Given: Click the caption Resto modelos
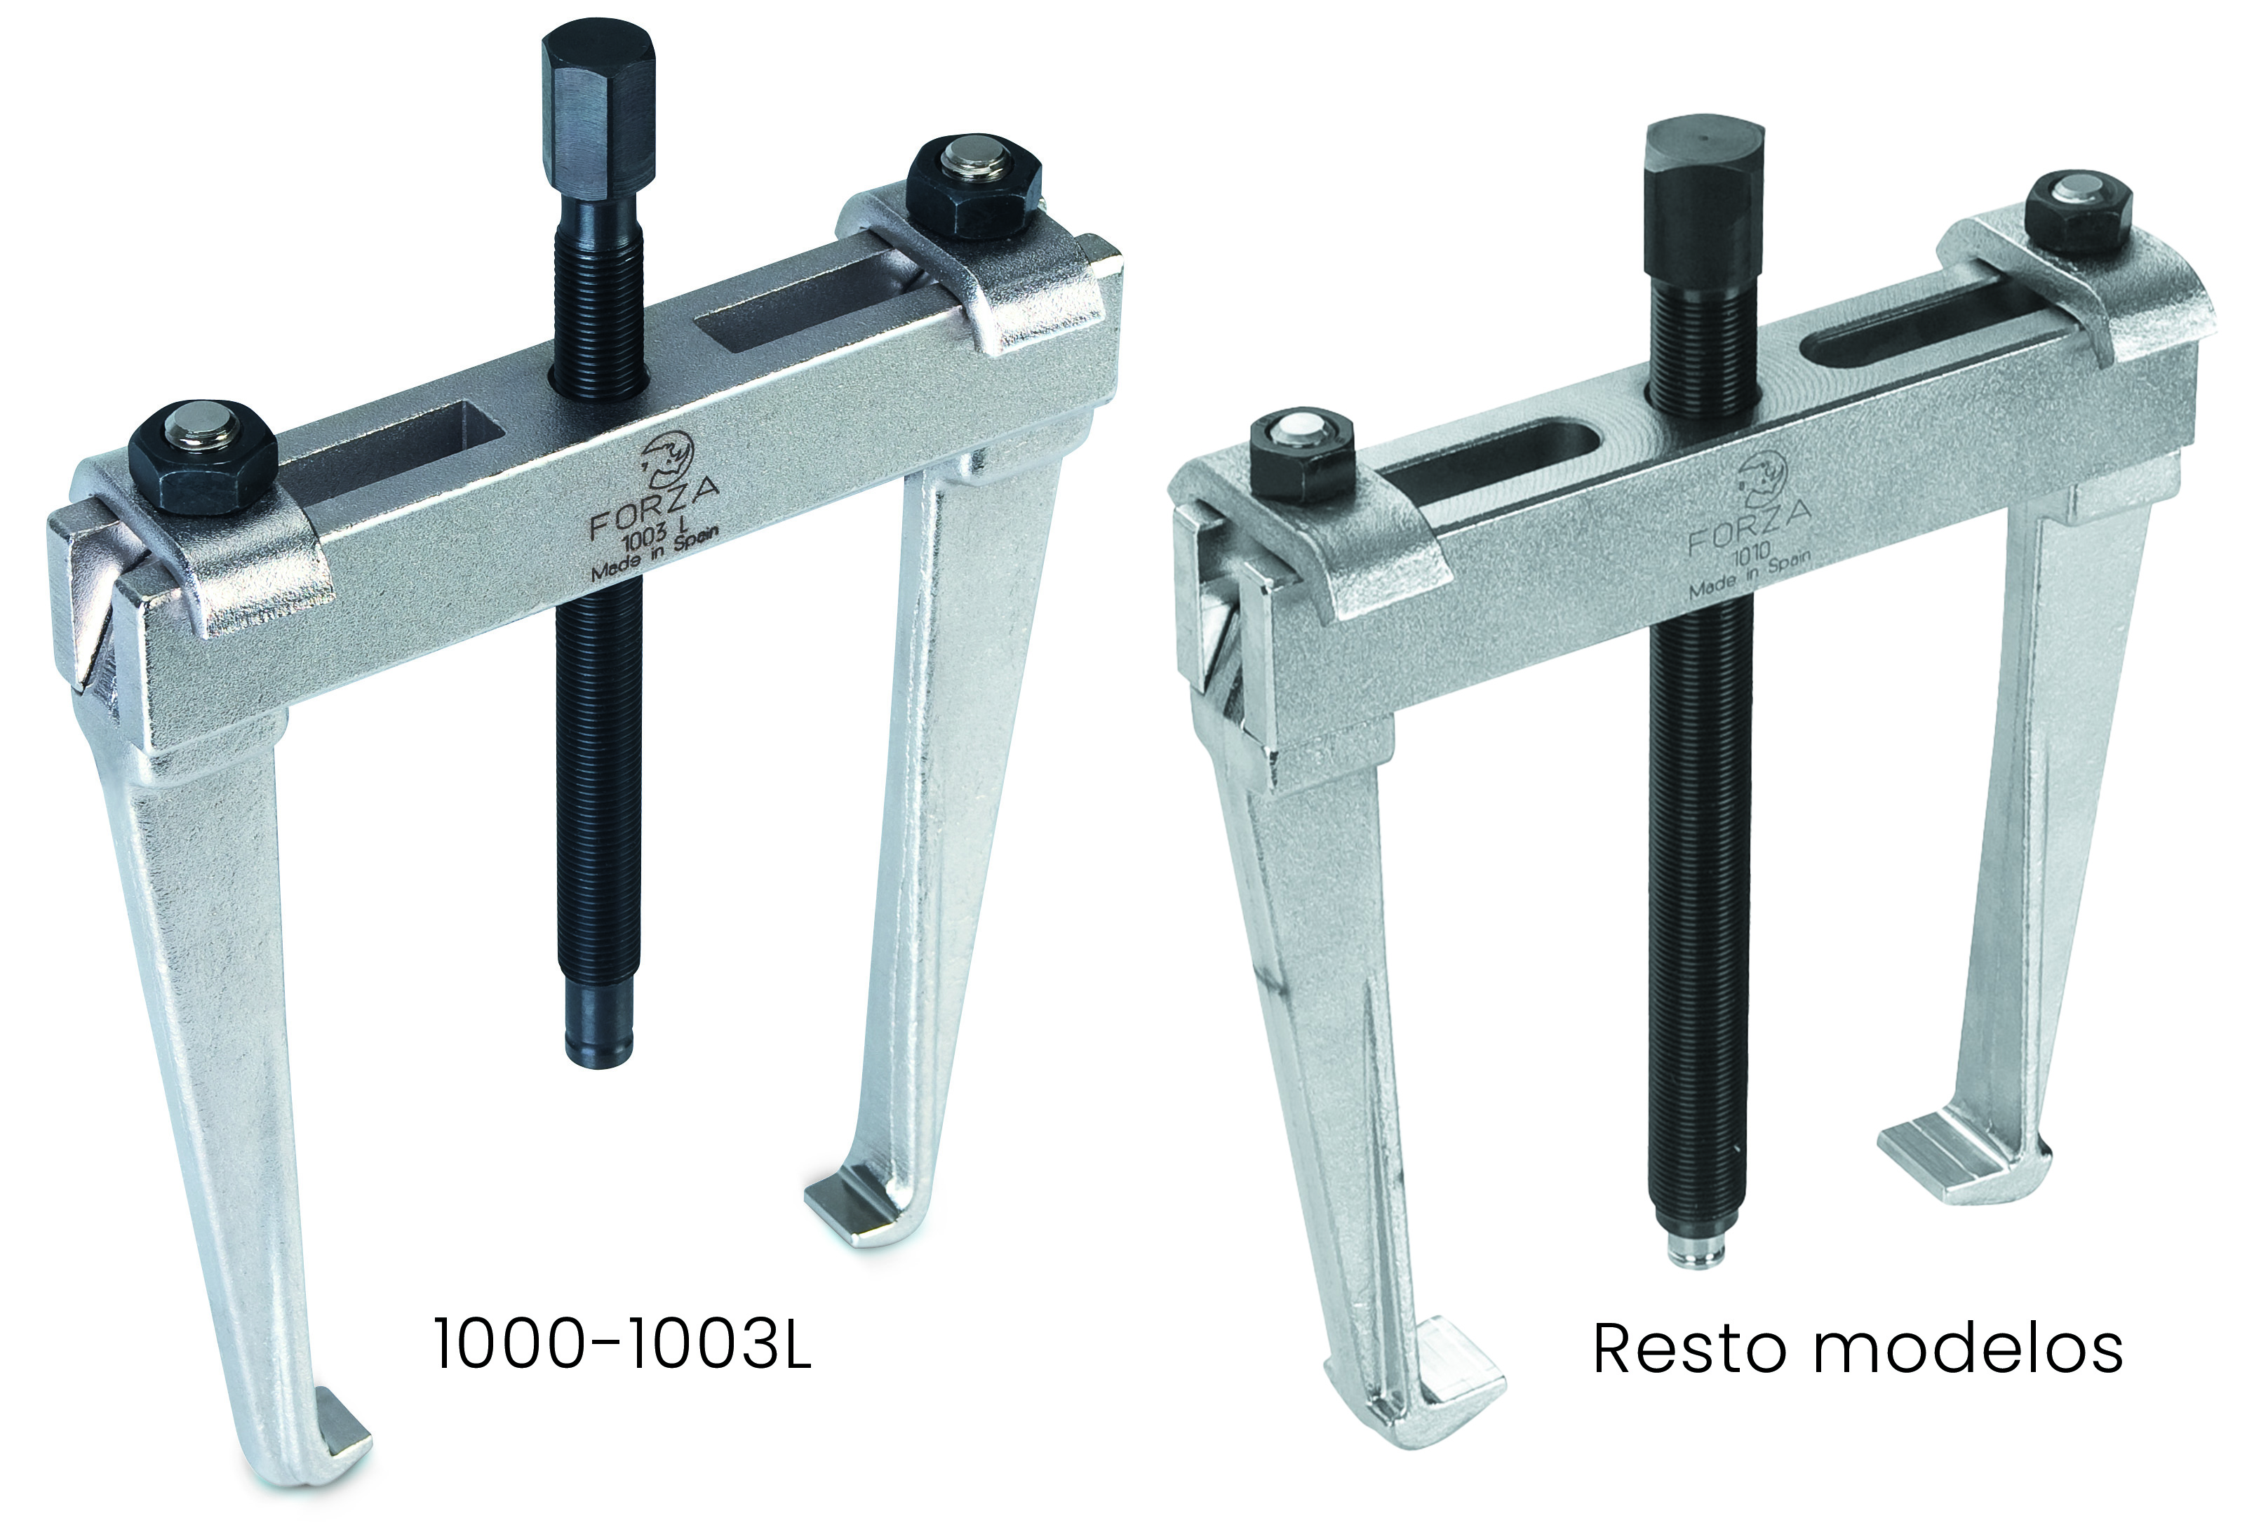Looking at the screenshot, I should (x=1858, y=1348).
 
